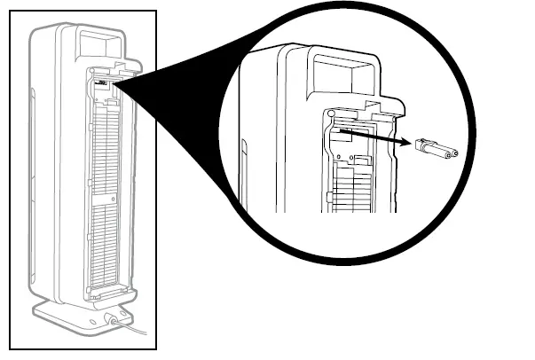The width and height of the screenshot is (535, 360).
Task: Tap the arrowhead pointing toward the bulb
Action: pyautogui.click(x=404, y=142)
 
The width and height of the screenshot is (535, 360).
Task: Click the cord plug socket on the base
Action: pyautogui.click(x=113, y=316)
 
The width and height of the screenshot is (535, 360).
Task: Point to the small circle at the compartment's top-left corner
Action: pyautogui.click(x=330, y=114)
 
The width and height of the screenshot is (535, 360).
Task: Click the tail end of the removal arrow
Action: pyautogui.click(x=341, y=129)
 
